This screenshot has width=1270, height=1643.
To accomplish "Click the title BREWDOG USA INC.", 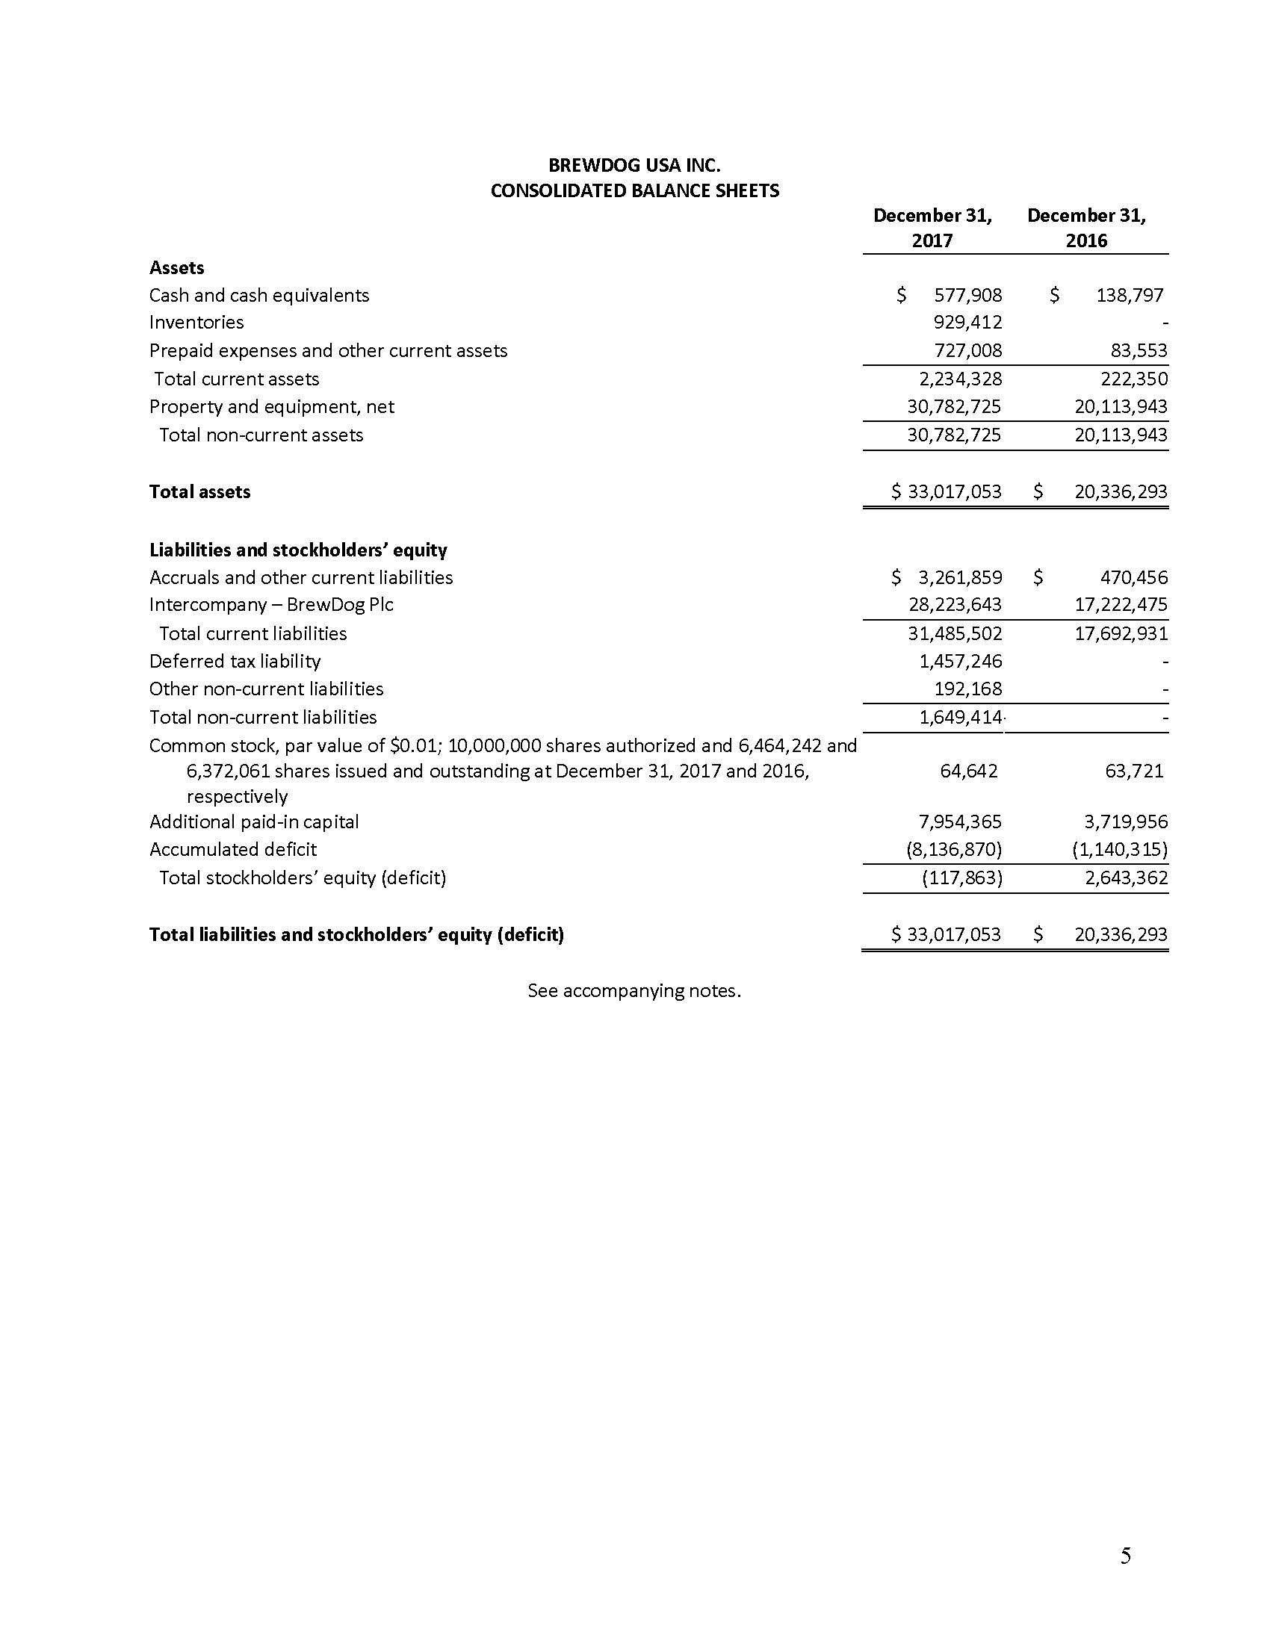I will click(634, 165).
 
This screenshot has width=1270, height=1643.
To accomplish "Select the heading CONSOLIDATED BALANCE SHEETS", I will click(634, 190).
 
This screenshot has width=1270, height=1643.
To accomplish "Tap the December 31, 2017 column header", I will click(932, 228).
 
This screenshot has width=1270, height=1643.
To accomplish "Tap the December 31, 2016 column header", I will click(1086, 228).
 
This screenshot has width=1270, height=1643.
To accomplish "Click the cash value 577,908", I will click(967, 295).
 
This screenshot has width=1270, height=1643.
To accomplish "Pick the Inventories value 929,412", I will click(967, 322).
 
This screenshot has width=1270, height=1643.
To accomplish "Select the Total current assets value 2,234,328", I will click(960, 379).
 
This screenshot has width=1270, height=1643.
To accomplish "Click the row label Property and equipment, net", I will click(272, 407).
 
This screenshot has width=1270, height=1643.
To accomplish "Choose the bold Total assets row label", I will click(199, 492).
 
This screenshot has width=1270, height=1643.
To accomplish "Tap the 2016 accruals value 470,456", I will click(1133, 577).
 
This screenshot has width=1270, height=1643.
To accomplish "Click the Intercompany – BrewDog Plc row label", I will click(271, 605).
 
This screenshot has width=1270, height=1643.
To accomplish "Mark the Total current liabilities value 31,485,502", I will click(955, 633).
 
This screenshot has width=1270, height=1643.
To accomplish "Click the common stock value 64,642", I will click(969, 771).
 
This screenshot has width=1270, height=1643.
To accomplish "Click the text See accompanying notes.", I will click(634, 991).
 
